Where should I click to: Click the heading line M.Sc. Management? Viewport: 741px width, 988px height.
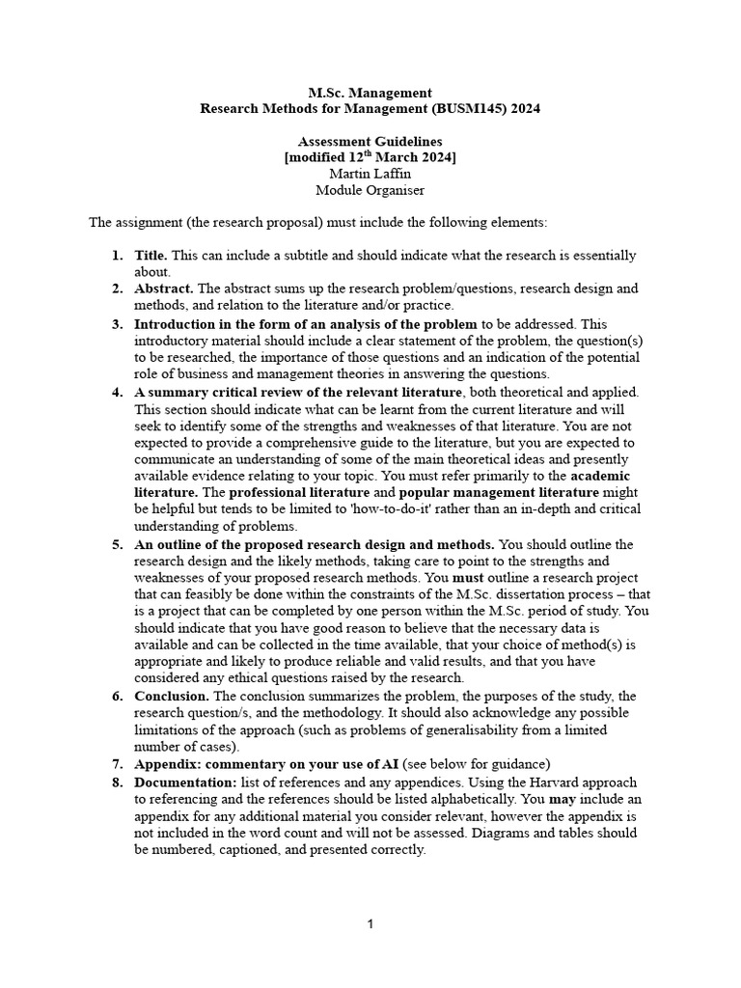[370, 93]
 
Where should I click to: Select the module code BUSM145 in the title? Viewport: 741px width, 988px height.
[470, 109]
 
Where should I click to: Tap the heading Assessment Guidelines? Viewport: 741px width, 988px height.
[370, 141]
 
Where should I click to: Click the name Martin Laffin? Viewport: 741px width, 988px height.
[370, 174]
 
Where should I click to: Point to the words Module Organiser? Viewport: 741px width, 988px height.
[370, 190]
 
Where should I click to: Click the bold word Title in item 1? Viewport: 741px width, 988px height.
[150, 256]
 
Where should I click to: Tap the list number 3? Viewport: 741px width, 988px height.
[116, 324]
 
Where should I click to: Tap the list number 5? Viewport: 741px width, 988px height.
[116, 544]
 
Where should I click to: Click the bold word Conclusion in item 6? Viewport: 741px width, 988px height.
[171, 696]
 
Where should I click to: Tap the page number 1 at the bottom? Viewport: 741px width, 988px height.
[370, 924]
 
